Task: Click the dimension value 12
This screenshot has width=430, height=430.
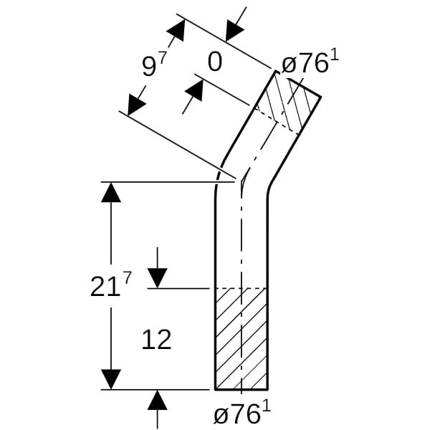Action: [156, 340]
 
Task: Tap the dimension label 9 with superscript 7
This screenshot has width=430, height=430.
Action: [154, 64]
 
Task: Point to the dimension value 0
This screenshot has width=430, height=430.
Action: [215, 62]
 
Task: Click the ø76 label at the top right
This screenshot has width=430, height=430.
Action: [310, 62]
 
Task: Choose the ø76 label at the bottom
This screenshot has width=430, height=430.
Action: [242, 413]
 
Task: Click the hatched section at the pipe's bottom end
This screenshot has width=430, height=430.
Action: [242, 338]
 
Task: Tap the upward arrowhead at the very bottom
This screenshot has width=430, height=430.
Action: [157, 400]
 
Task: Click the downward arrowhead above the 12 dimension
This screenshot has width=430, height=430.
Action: [158, 278]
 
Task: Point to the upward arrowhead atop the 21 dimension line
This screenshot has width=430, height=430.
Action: [111, 193]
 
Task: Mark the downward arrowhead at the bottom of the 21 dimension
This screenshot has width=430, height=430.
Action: [111, 379]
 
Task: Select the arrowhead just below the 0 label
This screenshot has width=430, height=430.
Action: [195, 90]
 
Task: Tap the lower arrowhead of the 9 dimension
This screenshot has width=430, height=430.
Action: [135, 105]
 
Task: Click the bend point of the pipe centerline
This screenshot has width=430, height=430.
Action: [242, 181]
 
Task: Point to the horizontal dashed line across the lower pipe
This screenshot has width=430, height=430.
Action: [242, 288]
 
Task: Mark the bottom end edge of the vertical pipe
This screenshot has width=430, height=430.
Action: [242, 389]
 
